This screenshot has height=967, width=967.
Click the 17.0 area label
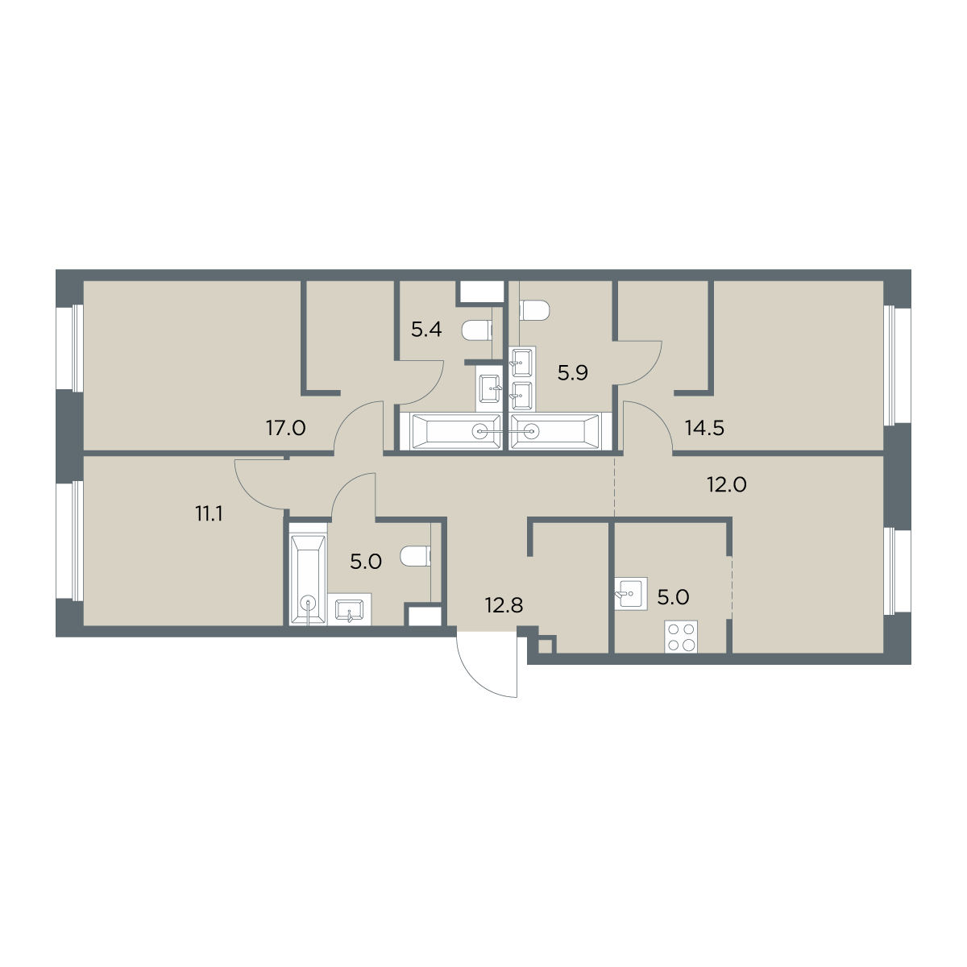coord(285,429)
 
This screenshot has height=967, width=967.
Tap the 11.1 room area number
coord(209,514)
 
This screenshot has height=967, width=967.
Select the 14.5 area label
coord(704,429)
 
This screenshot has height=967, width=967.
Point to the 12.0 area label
coord(727,485)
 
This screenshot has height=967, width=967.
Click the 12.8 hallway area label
coord(504,606)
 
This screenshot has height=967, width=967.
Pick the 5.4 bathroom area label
coord(426,330)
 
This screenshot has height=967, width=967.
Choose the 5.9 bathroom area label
coord(573,373)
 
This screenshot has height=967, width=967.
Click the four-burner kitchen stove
coord(681,637)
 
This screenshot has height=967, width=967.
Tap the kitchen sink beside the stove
coord(631,595)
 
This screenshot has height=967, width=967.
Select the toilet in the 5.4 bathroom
coord(475,330)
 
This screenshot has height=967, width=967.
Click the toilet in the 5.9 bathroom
coord(535,309)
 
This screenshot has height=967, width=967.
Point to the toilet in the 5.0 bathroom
coord(416,555)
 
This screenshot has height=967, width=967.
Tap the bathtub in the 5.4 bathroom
coord(455,431)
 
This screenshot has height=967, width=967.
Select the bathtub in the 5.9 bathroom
coord(555,431)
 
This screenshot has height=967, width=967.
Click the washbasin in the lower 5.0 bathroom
coord(350,609)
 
